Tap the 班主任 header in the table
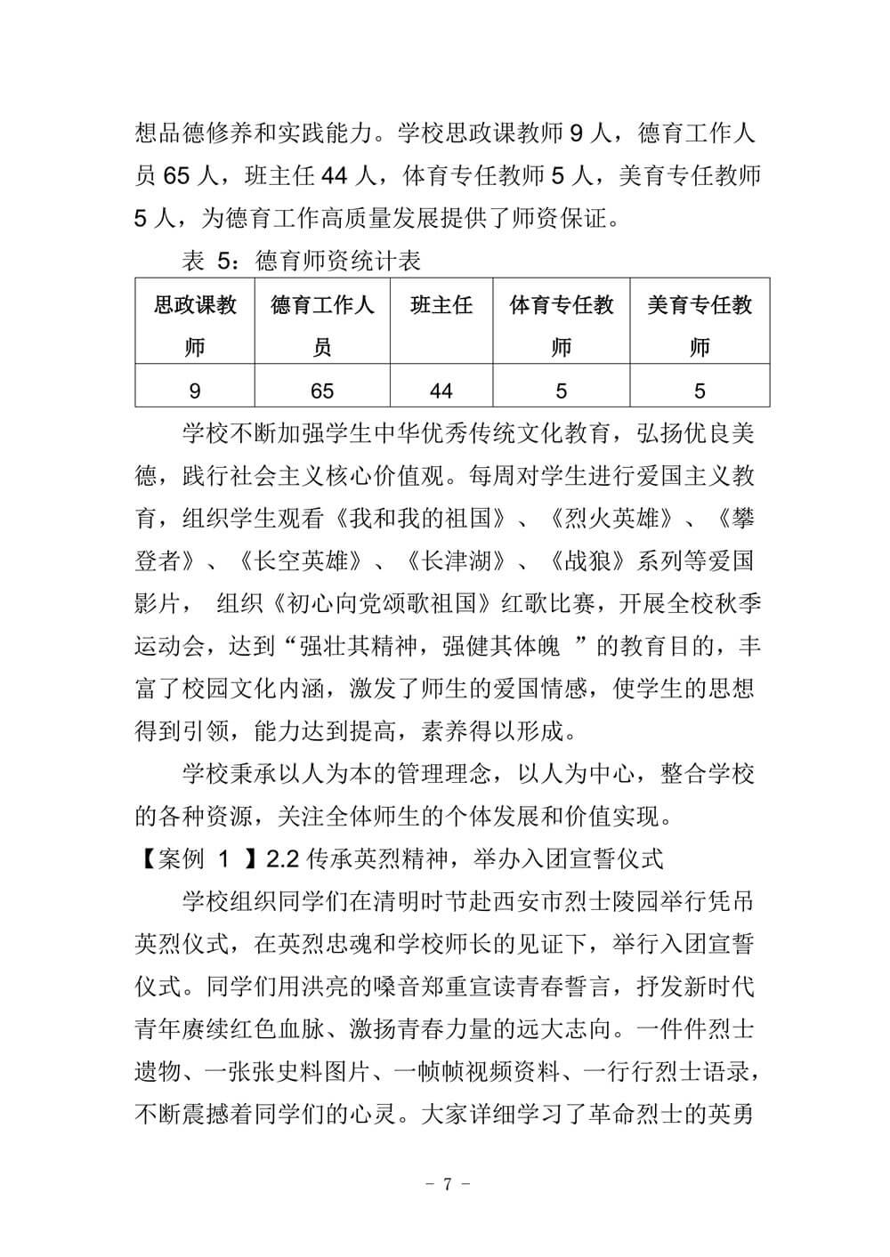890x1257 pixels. tap(441, 306)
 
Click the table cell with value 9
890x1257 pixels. tap(195, 391)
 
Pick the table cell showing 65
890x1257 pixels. tap(322, 391)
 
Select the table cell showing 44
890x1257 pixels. tap(441, 391)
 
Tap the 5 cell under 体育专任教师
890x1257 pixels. tap(561, 391)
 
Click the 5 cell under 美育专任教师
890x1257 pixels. tap(700, 391)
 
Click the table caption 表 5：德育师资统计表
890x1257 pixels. tap(301, 261)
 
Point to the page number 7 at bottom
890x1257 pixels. tap(448, 1184)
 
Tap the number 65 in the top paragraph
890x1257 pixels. tap(177, 176)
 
